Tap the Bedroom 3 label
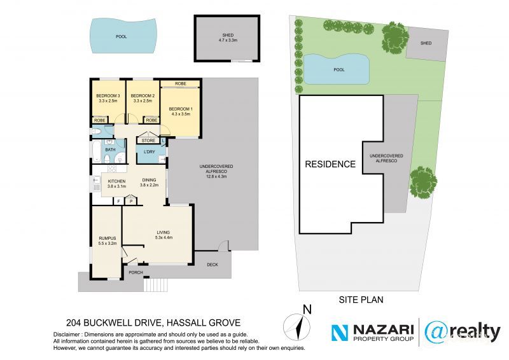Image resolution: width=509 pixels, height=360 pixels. click(x=108, y=98)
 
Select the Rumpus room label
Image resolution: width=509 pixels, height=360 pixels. click(x=107, y=241)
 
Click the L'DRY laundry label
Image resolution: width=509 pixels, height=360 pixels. click(x=150, y=151)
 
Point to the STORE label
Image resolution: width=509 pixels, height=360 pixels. click(x=148, y=141)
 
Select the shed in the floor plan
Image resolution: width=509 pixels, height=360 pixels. click(x=228, y=38)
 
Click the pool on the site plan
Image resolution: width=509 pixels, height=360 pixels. click(x=338, y=69)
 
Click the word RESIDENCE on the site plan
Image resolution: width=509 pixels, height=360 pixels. click(x=330, y=164)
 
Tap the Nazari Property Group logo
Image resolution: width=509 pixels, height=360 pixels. click(x=373, y=331)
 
